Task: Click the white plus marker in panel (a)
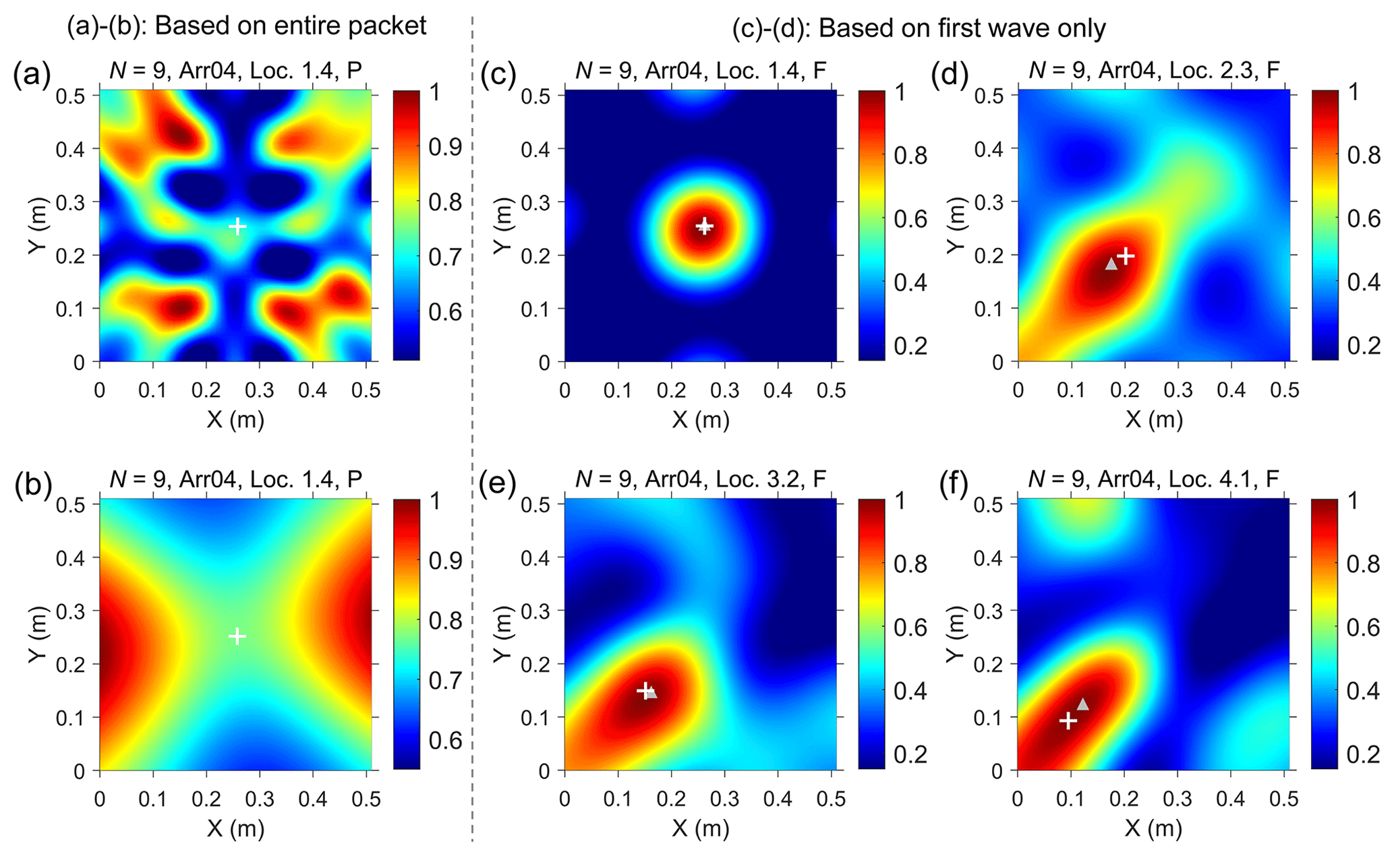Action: pos(237,226)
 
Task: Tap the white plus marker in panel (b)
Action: pos(237,636)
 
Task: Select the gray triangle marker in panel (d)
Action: pos(1111,264)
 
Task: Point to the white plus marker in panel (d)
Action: pos(1125,256)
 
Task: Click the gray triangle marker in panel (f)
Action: pos(1083,704)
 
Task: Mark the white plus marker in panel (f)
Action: pos(1068,721)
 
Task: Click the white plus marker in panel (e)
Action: pos(645,690)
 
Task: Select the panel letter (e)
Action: pos(497,483)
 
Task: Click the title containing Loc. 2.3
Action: pos(1154,70)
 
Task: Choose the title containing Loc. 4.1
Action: pos(1154,479)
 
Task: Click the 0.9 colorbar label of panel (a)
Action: pos(445,147)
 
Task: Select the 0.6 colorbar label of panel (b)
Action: pos(445,740)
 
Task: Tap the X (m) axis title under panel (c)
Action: pos(701,419)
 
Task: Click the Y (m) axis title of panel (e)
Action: pos(503,634)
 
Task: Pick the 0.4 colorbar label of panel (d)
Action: pos(1364,282)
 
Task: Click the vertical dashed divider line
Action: pos(472,431)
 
